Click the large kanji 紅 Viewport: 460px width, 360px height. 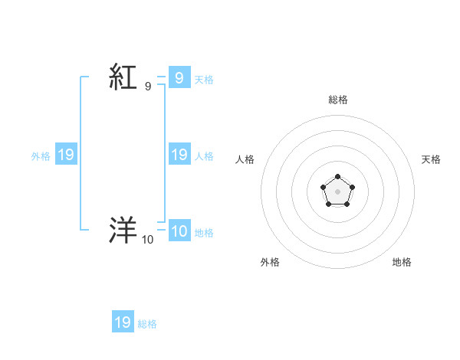(x=123, y=77)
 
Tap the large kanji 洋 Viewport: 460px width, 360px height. (x=123, y=230)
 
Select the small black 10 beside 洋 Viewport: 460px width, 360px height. (x=147, y=240)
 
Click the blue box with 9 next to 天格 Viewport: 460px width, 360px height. (x=179, y=77)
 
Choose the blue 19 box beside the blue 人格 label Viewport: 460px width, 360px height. (x=179, y=154)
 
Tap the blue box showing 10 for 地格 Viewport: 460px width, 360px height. (x=179, y=231)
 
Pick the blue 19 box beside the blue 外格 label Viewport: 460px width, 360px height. (x=66, y=155)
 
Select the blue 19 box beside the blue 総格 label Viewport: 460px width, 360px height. (x=123, y=322)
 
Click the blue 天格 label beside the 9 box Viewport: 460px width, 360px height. (x=204, y=79)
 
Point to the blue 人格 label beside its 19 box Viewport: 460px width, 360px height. (x=204, y=155)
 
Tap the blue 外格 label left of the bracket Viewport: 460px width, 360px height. (x=41, y=155)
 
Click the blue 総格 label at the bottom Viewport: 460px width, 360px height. (x=147, y=324)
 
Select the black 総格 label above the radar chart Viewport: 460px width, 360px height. (x=337, y=100)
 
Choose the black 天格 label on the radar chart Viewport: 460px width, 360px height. (x=432, y=159)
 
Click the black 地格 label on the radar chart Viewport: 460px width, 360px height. (x=402, y=262)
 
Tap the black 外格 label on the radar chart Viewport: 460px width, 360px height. (x=270, y=262)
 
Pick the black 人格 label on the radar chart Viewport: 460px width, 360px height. (x=245, y=159)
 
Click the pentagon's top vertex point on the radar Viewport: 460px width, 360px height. (x=337, y=177)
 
